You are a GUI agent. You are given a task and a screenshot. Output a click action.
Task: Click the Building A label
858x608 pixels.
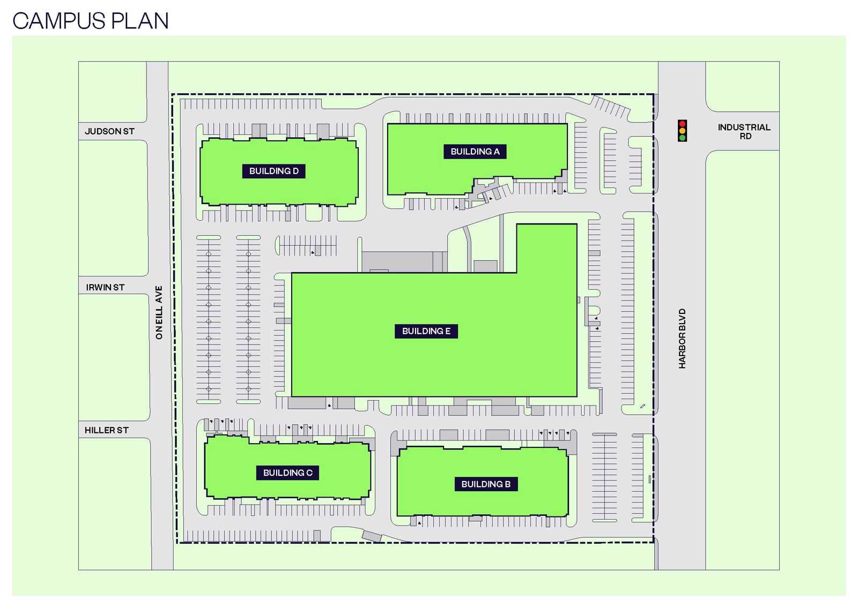pos(475,152)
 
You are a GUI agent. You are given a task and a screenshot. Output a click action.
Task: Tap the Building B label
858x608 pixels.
pos(485,484)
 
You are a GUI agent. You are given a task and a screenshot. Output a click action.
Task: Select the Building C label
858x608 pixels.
pos(287,473)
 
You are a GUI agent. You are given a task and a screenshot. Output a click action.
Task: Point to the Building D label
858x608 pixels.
pos(273,171)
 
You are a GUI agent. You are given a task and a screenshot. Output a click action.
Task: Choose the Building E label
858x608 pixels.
pos(426,331)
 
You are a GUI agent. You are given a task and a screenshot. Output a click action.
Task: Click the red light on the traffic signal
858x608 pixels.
pos(682,124)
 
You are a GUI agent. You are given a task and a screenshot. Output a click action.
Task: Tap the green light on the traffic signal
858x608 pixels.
pos(682,138)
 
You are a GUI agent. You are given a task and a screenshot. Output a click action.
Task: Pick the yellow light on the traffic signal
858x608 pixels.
pos(682,131)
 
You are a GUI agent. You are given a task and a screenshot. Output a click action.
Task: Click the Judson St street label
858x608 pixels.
pos(109,131)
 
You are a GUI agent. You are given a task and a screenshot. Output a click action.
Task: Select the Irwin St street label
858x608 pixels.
pos(105,288)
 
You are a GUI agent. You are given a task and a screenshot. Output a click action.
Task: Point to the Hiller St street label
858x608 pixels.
pos(107,430)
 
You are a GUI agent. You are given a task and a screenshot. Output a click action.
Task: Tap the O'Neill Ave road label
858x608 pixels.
pos(159,312)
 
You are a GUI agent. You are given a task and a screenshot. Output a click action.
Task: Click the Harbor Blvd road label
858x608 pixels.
pos(682,339)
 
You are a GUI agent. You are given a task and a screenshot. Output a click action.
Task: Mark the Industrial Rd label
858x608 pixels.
pos(744,132)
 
